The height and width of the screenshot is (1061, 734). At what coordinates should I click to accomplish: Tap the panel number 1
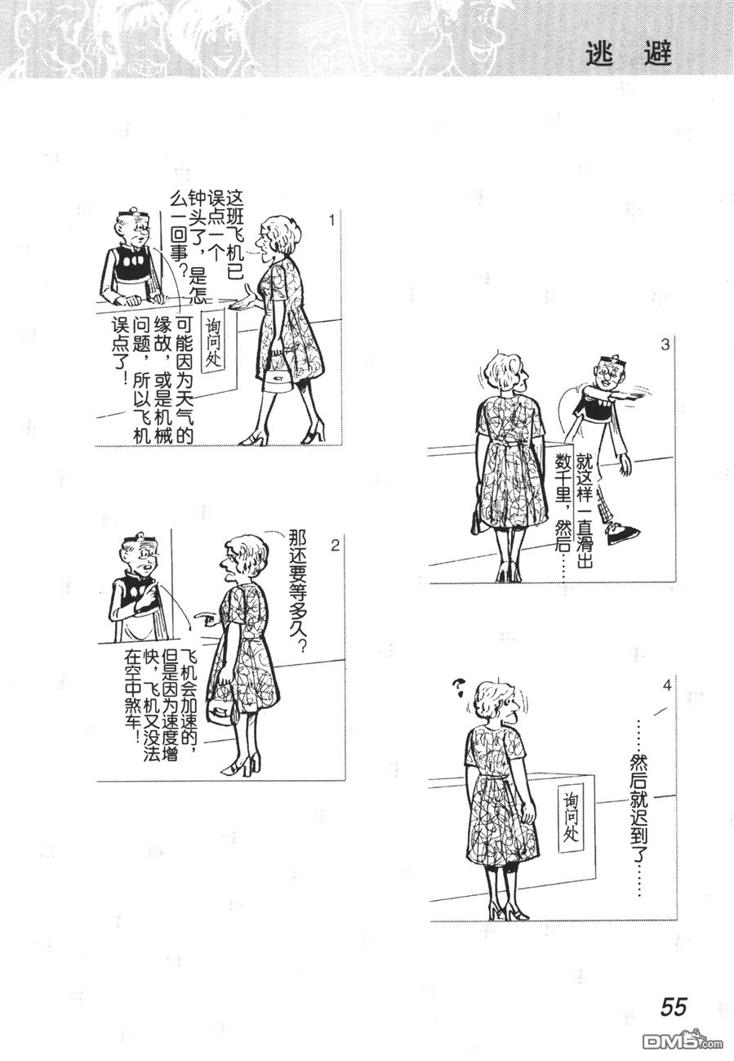pyautogui.click(x=332, y=221)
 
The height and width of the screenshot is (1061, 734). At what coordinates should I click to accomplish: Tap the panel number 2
pyautogui.click(x=335, y=546)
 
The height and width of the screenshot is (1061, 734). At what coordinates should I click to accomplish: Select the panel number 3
pyautogui.click(x=665, y=345)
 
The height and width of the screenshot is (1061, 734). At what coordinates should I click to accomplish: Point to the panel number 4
pyautogui.click(x=667, y=685)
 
